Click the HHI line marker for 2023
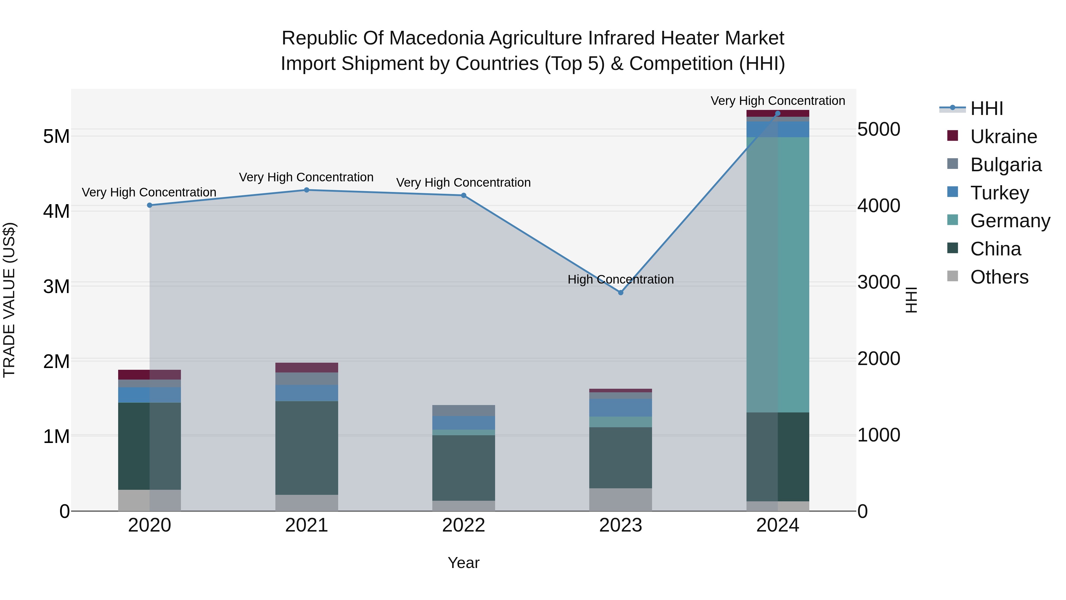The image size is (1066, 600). pyautogui.click(x=620, y=293)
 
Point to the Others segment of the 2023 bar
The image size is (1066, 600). pyautogui.click(x=620, y=499)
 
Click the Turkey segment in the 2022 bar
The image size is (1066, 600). pyautogui.click(x=463, y=423)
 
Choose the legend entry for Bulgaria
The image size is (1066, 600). pyautogui.click(x=1006, y=165)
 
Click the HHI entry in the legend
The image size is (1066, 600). pyautogui.click(x=987, y=108)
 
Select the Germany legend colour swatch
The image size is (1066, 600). pyautogui.click(x=953, y=220)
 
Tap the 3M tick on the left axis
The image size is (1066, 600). pyautogui.click(x=57, y=287)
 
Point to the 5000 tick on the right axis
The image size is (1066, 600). pyautogui.click(x=879, y=129)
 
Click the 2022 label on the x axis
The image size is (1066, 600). pyautogui.click(x=463, y=525)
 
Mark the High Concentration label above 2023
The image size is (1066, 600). pyautogui.click(x=620, y=279)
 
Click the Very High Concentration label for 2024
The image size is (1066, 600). pyautogui.click(x=778, y=101)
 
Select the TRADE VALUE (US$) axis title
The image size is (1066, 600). pyautogui.click(x=9, y=300)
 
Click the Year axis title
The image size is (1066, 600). pyautogui.click(x=463, y=563)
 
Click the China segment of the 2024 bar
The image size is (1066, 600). pyautogui.click(x=778, y=457)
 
